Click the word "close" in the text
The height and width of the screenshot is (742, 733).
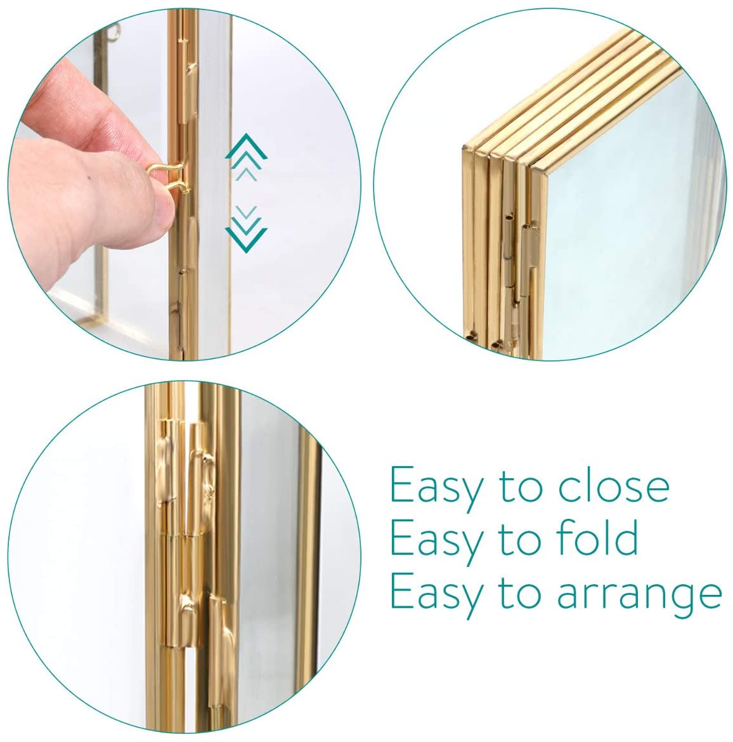click(x=614, y=485)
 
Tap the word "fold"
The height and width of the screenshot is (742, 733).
click(x=597, y=537)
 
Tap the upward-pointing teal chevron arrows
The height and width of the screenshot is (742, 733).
click(x=246, y=157)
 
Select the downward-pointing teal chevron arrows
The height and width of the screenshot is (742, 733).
click(x=246, y=228)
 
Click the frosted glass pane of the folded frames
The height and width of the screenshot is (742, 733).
click(x=630, y=213)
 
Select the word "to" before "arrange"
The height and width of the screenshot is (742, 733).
click(x=520, y=594)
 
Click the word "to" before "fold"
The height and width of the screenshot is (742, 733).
click(x=520, y=540)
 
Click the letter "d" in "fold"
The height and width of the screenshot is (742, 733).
click(x=626, y=537)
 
